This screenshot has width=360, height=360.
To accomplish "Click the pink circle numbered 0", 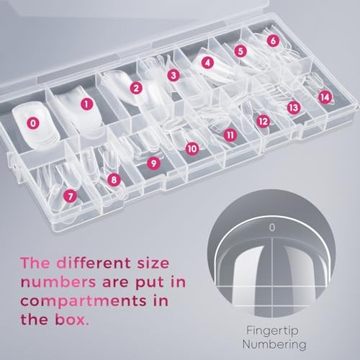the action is pyautogui.click(x=33, y=123).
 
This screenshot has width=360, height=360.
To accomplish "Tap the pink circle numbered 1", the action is pyautogui.click(x=86, y=104).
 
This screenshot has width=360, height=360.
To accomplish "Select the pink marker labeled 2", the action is pyautogui.click(x=136, y=88).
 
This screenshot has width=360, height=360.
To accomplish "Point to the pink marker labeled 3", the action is pyautogui.click(x=174, y=76).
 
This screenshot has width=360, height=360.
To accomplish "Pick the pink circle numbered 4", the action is pyautogui.click(x=207, y=63).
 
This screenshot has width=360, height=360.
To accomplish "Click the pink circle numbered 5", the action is pyautogui.click(x=240, y=51).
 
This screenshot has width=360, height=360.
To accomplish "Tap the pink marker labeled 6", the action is pyautogui.click(x=273, y=40).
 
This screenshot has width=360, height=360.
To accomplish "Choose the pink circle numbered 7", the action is pyautogui.click(x=70, y=197).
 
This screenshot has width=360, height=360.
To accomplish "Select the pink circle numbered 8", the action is pyautogui.click(x=114, y=179).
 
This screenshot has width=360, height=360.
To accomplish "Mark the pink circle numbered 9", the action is pyautogui.click(x=153, y=163).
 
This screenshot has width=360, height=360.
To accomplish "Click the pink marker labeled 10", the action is pyautogui.click(x=192, y=149).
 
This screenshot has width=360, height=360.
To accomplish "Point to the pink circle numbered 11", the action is pyautogui.click(x=230, y=135).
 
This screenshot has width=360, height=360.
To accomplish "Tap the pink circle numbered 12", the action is pyautogui.click(x=264, y=121).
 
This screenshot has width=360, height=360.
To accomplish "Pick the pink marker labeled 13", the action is pyautogui.click(x=294, y=107).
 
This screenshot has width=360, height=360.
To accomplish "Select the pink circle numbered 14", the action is pyautogui.click(x=325, y=97).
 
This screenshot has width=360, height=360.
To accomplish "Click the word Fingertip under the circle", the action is pyautogui.click(x=272, y=331).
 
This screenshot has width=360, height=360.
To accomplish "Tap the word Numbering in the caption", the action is pyautogui.click(x=274, y=345).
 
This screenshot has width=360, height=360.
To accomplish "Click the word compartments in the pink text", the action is pyautogui.click(x=84, y=302).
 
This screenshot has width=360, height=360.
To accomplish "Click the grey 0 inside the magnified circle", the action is pyautogui.click(x=272, y=228).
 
